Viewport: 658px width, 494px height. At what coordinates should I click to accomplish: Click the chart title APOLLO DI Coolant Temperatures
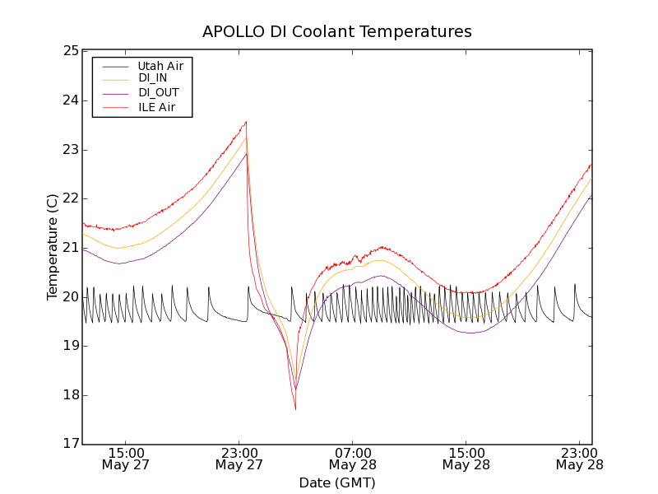[337, 32]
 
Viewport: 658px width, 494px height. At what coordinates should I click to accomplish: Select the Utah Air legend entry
[160, 65]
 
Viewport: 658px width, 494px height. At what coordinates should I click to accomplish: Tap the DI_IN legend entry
[152, 78]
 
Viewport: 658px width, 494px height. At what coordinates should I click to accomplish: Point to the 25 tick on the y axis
[69, 51]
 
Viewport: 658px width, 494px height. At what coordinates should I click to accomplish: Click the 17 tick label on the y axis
[69, 445]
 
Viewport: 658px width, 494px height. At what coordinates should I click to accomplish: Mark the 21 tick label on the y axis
[69, 248]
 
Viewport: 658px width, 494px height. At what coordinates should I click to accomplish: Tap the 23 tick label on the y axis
[69, 150]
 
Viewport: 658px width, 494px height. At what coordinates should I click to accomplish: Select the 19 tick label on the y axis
[69, 346]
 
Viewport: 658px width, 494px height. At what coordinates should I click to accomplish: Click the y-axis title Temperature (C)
[53, 247]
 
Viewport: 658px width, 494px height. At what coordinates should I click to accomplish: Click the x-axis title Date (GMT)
[337, 482]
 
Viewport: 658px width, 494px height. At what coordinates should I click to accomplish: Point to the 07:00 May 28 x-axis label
[352, 459]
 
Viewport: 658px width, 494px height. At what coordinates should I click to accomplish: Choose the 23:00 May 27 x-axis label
[239, 459]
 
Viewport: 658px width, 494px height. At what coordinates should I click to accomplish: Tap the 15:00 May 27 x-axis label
[125, 459]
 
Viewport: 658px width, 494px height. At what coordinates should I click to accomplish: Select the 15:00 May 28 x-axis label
[466, 459]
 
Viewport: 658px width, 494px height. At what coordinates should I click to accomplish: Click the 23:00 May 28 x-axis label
[579, 459]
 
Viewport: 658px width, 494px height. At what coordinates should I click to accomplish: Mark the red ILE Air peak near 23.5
[246, 122]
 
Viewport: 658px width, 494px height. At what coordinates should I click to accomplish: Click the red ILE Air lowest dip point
[295, 409]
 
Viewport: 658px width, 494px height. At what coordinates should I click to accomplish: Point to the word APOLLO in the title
[231, 32]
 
